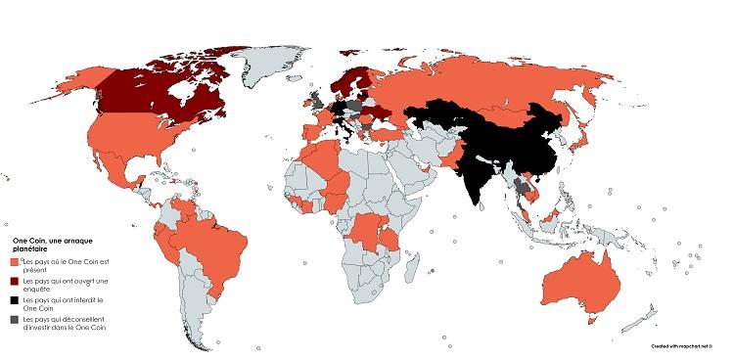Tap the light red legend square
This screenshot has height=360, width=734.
point(15,262)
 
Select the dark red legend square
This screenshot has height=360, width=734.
point(15,282)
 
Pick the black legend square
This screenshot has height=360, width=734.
point(15,300)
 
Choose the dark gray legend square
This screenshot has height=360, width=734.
point(15,320)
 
